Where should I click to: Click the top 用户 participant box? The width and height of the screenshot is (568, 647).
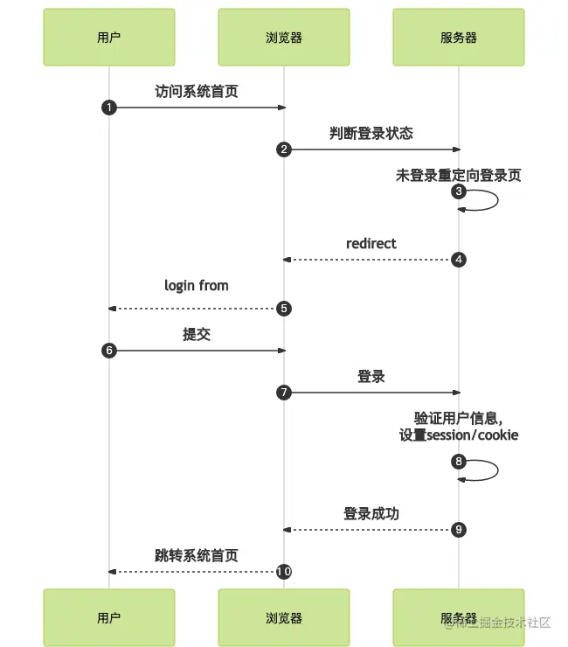click(x=109, y=38)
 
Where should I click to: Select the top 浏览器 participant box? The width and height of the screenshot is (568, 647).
click(x=284, y=38)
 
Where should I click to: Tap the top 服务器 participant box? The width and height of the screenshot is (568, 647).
click(x=459, y=38)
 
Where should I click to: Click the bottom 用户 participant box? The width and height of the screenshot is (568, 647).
click(x=109, y=617)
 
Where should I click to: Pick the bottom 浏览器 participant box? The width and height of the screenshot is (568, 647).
click(x=284, y=617)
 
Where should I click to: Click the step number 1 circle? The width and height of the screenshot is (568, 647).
click(x=109, y=108)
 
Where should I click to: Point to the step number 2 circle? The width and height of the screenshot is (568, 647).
click(x=284, y=150)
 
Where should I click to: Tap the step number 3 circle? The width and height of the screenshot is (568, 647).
click(x=459, y=191)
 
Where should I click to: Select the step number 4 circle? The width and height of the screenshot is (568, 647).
click(x=459, y=260)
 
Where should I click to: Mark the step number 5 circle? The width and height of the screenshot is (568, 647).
click(x=284, y=309)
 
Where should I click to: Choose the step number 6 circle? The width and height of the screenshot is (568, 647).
click(x=109, y=351)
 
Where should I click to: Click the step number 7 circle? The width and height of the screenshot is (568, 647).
click(x=284, y=393)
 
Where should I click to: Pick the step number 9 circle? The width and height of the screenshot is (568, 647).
click(x=459, y=529)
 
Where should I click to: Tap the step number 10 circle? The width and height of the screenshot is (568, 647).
click(x=284, y=571)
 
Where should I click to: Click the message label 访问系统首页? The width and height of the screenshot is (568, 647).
click(x=197, y=91)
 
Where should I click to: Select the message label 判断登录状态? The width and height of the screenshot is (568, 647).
click(x=371, y=133)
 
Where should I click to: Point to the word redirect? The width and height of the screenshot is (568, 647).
click(x=371, y=243)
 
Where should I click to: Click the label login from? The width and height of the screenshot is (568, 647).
click(x=197, y=285)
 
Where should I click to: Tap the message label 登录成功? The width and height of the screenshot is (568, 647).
click(x=371, y=513)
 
